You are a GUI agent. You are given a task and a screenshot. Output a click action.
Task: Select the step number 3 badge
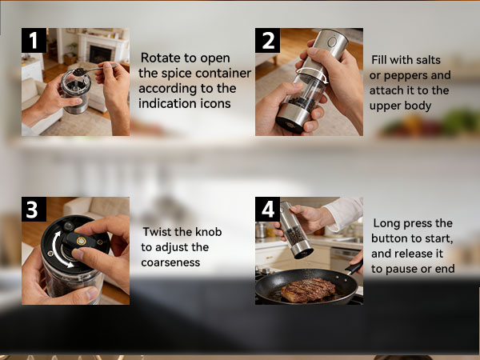pos(32,210)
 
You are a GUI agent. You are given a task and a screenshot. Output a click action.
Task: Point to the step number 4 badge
pos(267,210)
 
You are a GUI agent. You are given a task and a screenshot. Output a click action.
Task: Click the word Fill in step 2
pos(382,61)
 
